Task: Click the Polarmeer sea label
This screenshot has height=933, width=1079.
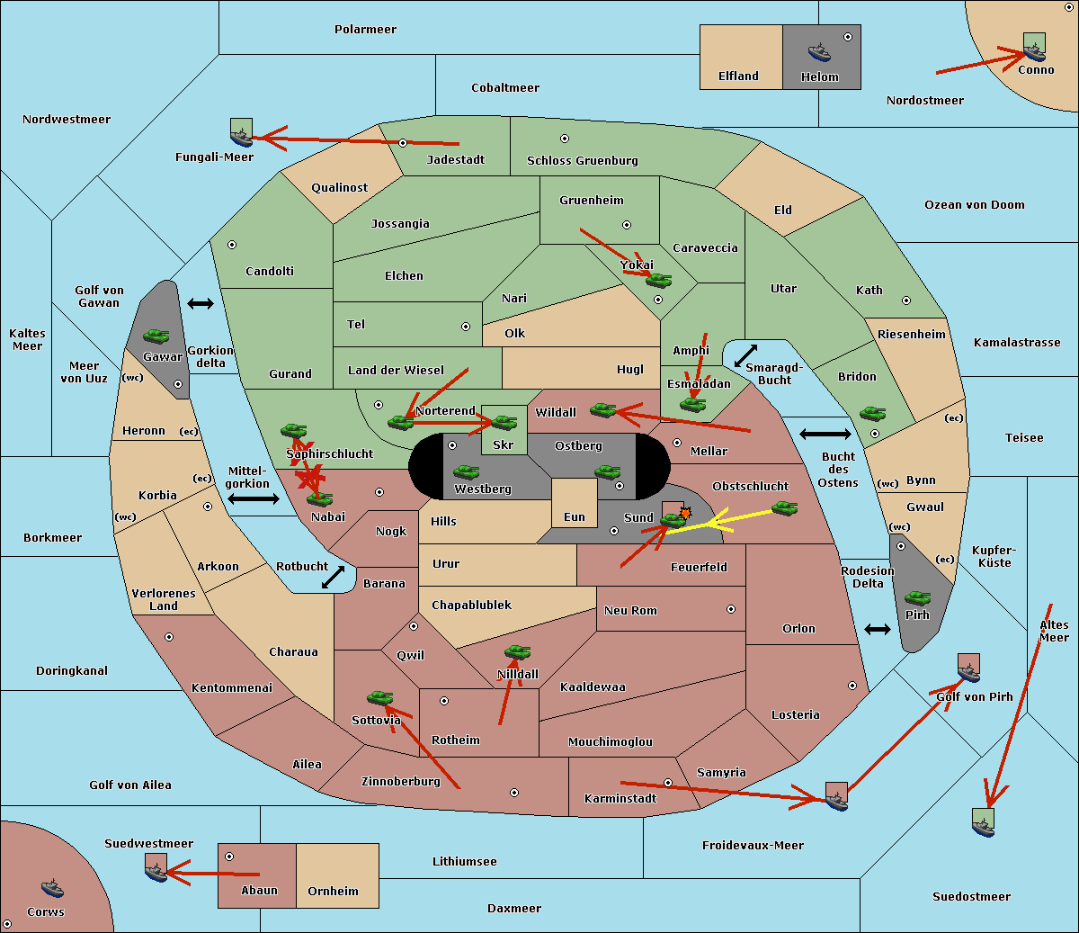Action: coord(365,30)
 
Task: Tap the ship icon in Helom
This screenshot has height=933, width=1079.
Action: coord(818,51)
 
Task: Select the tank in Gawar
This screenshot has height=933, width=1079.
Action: coord(156,336)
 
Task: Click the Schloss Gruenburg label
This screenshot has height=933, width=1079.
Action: coord(582,161)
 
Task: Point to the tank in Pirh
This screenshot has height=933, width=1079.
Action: coord(917,597)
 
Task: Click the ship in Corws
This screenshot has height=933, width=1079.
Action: coord(52,888)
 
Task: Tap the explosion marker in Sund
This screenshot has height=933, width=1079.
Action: coord(685,513)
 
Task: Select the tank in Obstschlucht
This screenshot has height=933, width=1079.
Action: coord(785,507)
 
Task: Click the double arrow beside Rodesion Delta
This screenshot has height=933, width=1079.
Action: coord(878,629)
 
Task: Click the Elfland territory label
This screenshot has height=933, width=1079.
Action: coord(738,76)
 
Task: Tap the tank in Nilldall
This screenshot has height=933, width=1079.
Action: coord(517,652)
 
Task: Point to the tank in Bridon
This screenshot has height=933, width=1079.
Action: coord(872,413)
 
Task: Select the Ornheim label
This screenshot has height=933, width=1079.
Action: coord(333,892)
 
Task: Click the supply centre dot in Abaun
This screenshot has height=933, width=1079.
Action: coord(229,857)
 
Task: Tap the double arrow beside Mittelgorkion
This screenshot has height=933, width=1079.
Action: coord(254,498)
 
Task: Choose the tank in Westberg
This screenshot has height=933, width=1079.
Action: coord(466,471)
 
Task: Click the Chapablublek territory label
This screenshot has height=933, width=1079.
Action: coord(471,606)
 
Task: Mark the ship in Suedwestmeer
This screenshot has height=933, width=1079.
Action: coord(156,869)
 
